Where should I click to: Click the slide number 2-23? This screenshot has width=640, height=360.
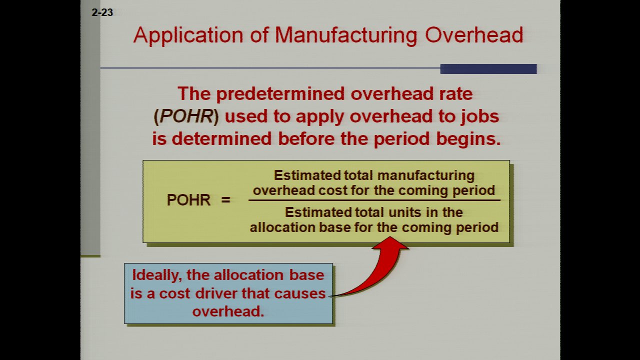(x=102, y=12)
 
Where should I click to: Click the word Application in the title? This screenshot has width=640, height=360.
(x=188, y=35)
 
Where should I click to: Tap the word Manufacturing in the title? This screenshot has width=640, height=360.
(x=346, y=35)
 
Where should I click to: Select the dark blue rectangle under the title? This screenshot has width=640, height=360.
(x=488, y=69)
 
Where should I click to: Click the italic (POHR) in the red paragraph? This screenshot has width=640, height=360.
(x=186, y=116)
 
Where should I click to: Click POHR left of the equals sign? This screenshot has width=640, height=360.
(x=188, y=199)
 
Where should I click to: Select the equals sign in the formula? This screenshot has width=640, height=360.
(x=225, y=199)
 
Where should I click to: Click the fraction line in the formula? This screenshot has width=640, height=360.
(x=374, y=200)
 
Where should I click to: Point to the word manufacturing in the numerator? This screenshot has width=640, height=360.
(x=426, y=175)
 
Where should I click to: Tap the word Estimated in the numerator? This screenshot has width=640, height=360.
(x=307, y=175)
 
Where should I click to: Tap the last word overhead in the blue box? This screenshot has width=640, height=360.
(x=228, y=311)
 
